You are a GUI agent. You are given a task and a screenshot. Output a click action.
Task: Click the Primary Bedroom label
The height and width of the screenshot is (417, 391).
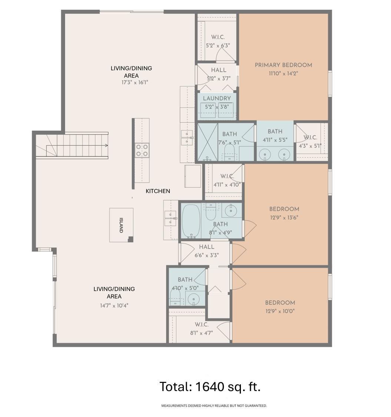click(283, 65)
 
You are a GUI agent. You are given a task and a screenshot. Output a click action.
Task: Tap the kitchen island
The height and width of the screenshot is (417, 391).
click(121, 225)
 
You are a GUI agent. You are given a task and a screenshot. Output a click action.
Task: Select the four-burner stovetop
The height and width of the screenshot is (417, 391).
click(142, 150)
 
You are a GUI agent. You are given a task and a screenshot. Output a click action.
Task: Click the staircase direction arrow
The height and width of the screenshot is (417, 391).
click(106, 146)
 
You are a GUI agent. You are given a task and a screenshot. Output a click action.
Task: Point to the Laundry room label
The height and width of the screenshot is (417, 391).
click(217, 99)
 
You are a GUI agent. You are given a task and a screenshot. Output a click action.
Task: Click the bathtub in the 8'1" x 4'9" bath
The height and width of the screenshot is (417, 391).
click(191, 221)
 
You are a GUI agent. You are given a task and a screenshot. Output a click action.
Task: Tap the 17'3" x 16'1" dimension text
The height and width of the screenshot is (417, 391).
click(135, 82)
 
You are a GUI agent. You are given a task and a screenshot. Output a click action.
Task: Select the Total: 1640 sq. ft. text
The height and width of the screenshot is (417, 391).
click(210, 387)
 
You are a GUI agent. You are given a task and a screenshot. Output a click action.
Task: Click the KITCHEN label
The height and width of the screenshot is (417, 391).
click(158, 191)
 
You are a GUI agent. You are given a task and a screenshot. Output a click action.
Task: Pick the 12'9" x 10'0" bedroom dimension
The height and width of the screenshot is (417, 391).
click(280, 311)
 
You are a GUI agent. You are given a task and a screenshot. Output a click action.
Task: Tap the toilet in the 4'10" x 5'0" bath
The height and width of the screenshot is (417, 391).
click(175, 296)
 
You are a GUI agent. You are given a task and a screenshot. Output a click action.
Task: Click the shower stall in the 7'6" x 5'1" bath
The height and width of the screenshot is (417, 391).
click(208, 142)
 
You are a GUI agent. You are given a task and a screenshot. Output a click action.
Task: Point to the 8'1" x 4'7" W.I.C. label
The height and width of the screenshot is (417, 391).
click(201, 325)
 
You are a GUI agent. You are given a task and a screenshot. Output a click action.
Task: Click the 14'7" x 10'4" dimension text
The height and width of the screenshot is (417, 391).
click(114, 305)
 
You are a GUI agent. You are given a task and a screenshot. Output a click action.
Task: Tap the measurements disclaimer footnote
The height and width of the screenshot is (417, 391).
click(214, 406)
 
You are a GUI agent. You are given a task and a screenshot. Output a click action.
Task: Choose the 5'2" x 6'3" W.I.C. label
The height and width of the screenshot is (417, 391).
click(218, 37)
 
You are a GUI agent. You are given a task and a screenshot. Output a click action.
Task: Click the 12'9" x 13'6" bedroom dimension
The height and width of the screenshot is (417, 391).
click(284, 218)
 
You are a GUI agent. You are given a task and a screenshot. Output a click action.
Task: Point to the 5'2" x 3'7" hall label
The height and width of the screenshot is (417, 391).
click(218, 70)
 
